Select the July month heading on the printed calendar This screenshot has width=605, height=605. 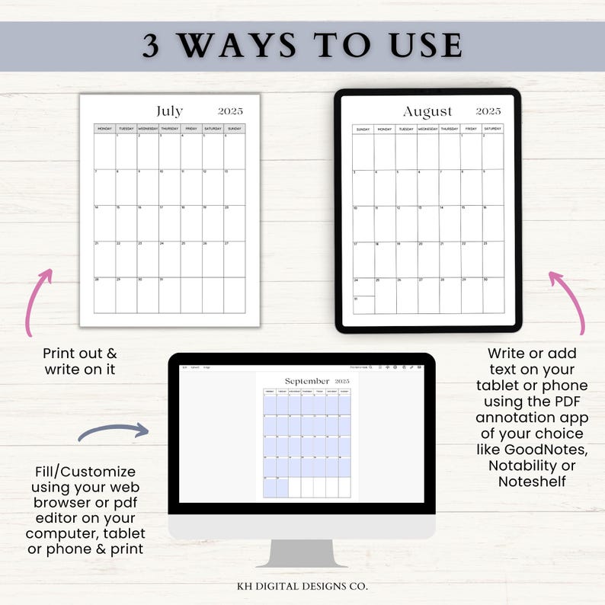(169, 111)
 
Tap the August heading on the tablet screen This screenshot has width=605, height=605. (427, 112)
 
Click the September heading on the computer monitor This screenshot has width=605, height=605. (307, 381)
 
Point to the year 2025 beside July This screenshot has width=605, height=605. (231, 111)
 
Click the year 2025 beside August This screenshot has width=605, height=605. (488, 111)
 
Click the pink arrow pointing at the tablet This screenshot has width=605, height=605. (568, 301)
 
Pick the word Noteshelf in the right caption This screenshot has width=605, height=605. (532, 482)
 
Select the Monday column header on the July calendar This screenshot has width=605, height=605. (104, 129)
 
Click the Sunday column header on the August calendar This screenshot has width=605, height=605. (363, 130)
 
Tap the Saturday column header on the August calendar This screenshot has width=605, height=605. (492, 130)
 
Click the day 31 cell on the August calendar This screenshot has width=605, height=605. (363, 305)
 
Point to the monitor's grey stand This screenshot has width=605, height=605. (302, 552)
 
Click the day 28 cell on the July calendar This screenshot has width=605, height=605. (104, 295)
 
